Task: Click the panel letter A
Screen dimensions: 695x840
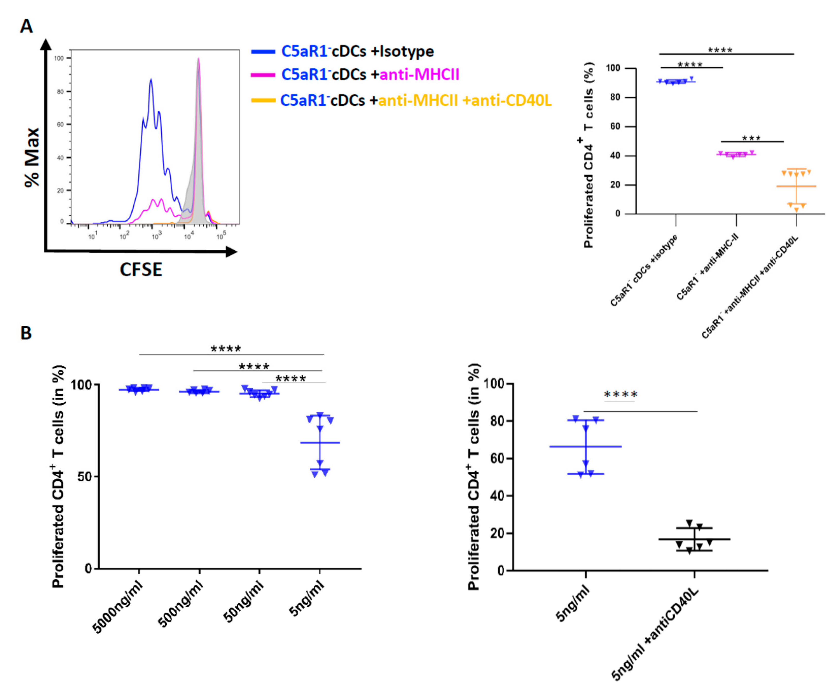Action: tap(26, 26)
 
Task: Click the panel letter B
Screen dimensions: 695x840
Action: tap(26, 333)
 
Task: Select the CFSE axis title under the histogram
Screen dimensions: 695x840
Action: tap(141, 270)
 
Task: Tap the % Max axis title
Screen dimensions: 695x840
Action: tap(32, 157)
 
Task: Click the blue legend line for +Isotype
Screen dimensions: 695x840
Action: tap(263, 51)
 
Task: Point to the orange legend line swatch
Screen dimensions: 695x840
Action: tap(263, 100)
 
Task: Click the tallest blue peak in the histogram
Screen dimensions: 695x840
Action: tap(151, 80)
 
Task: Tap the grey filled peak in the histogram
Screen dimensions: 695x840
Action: tap(198, 120)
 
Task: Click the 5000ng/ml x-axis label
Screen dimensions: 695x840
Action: tap(118, 608)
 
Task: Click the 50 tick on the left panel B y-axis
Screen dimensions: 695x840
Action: tap(85, 477)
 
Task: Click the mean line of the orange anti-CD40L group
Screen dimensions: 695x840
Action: tap(796, 186)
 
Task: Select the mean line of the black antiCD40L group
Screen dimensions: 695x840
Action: tap(694, 539)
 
